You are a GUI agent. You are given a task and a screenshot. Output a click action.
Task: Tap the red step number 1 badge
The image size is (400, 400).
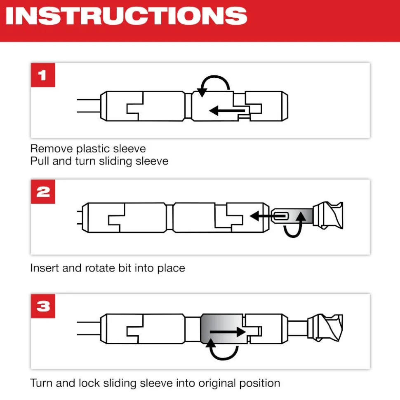[x=43, y=75]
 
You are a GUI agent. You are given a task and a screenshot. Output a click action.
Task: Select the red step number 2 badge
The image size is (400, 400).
[x=43, y=192]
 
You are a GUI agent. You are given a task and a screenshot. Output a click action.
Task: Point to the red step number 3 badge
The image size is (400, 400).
[x=43, y=306]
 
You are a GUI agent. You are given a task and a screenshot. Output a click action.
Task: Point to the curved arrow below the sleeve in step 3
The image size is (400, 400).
[x=223, y=350]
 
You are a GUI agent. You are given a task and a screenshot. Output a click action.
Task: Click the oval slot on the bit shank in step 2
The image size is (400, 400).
[x=282, y=215]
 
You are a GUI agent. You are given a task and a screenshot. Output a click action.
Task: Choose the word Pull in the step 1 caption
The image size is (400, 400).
[x=39, y=161]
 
